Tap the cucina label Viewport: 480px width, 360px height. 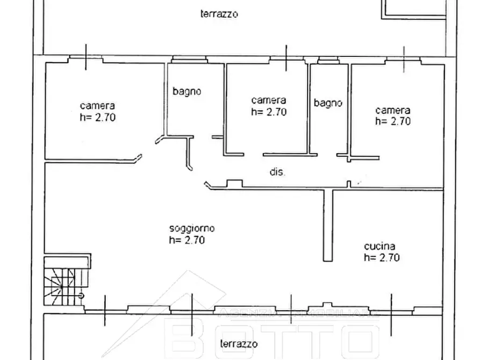click(380, 246)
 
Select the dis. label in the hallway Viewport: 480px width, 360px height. click(277, 173)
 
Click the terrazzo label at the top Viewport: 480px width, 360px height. click(219, 15)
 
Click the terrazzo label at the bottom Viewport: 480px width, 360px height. click(239, 343)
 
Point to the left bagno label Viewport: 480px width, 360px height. click(187, 91)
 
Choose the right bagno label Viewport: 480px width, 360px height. click(328, 103)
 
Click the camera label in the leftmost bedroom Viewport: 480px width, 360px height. click(97, 105)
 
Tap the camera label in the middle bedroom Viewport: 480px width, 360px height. click(268, 100)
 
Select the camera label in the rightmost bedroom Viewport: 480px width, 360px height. click(392, 110)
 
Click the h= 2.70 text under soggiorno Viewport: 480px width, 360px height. click(187, 240)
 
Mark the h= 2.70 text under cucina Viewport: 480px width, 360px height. click(381, 257)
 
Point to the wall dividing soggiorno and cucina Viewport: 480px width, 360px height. click(328, 225)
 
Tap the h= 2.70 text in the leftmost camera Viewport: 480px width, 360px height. click(97, 117)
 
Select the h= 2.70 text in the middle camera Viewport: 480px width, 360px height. click(268, 112)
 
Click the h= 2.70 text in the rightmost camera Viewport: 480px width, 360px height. click(392, 121)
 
